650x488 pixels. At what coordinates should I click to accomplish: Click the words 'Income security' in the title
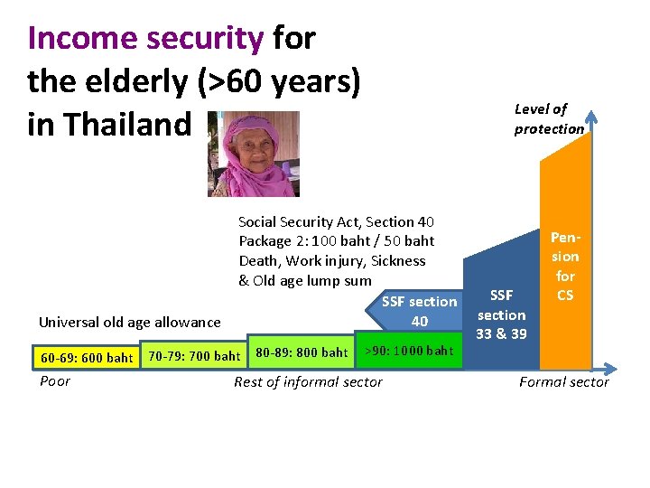click(145, 38)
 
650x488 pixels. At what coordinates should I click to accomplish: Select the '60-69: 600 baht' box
click(87, 358)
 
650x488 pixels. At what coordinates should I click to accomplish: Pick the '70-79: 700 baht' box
click(194, 356)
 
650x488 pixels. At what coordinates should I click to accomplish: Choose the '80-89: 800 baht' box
click(302, 352)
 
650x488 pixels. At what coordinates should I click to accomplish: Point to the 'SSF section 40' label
click(419, 312)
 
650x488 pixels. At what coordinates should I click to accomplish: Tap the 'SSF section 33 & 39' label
click(501, 314)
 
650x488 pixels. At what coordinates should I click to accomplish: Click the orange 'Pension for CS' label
click(565, 267)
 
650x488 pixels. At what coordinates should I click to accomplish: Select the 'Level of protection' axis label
click(549, 118)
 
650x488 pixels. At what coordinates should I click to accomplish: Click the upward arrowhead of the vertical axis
click(592, 115)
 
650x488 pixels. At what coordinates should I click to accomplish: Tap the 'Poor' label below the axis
click(55, 381)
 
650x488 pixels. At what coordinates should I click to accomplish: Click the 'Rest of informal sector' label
click(308, 382)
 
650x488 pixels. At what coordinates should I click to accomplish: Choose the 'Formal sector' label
click(563, 382)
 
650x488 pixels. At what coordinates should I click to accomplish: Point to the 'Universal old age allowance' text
click(129, 322)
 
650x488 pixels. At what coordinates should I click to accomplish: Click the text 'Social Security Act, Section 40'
click(336, 221)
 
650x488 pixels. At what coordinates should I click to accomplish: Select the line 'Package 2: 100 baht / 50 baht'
click(336, 241)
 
